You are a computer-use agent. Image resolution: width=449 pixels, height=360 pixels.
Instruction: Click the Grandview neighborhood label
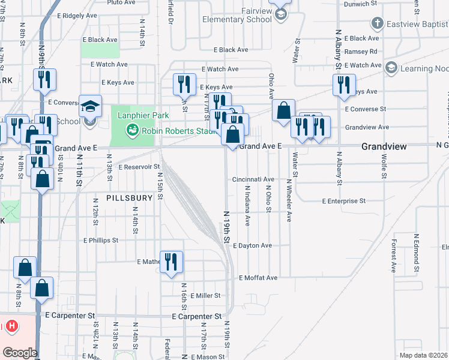(384, 146)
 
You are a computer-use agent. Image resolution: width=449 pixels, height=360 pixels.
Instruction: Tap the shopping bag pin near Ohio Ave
(283, 111)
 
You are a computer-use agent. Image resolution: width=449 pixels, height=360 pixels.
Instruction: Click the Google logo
(19, 353)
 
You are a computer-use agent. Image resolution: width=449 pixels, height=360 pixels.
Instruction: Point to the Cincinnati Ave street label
(253, 179)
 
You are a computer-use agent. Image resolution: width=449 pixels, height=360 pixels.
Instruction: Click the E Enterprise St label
(343, 201)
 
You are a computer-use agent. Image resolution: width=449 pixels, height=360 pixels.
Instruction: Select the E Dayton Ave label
(252, 246)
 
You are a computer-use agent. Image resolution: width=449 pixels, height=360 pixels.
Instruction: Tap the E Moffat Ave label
(258, 278)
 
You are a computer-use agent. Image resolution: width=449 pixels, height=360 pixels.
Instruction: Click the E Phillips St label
(101, 240)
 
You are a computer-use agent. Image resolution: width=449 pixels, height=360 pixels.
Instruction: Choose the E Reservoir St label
(139, 167)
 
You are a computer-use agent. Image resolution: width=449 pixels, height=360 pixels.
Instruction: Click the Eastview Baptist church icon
(377, 24)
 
